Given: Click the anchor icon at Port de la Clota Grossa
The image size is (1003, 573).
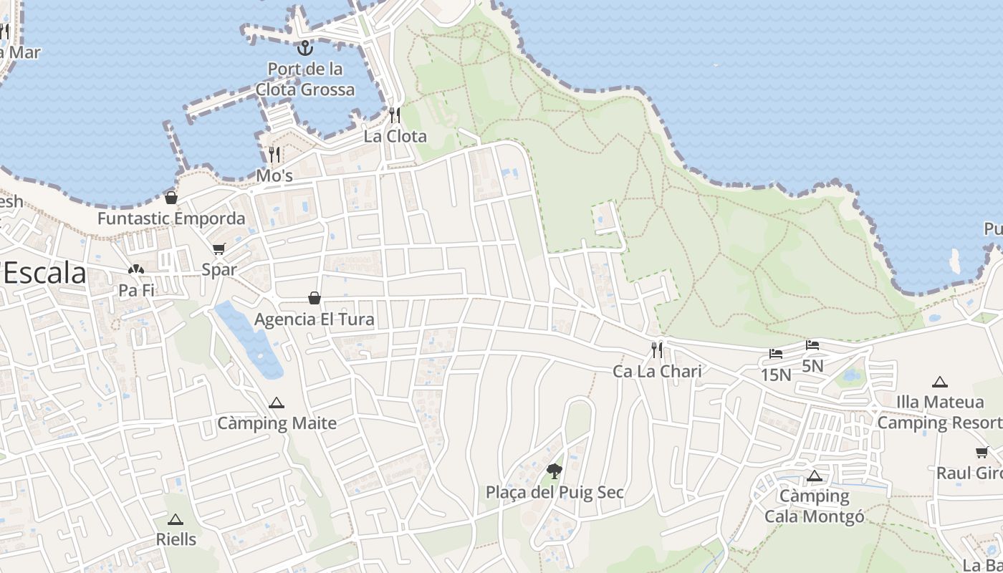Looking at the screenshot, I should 306,49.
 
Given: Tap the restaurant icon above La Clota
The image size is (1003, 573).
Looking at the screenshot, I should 395,115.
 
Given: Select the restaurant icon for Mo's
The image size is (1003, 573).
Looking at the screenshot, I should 274,155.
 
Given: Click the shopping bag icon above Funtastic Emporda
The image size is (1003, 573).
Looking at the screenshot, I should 171,198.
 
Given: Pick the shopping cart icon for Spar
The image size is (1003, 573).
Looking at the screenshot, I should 219,249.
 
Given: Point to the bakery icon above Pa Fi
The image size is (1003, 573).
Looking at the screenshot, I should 136,270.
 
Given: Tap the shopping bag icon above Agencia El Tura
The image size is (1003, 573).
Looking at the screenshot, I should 314,298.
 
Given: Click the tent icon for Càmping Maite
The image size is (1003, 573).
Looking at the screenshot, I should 277,403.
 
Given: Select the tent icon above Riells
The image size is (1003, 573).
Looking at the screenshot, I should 176,519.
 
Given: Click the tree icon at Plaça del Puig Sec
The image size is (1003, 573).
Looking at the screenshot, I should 554,471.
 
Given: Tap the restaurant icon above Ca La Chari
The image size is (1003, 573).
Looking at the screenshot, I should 657,350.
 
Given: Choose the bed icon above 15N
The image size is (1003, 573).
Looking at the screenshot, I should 776,354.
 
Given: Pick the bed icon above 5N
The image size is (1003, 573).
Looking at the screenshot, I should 812,345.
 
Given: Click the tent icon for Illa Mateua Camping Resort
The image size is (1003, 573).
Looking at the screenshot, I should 940,382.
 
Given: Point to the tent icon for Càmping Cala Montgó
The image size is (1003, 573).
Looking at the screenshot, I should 814,476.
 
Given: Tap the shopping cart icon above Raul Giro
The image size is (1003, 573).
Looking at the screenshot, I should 982,453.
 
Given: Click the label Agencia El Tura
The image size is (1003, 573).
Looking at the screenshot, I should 315,319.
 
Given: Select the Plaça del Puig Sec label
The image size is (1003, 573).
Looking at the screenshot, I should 555,493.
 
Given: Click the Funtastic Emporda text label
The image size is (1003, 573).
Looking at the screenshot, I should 171,218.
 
